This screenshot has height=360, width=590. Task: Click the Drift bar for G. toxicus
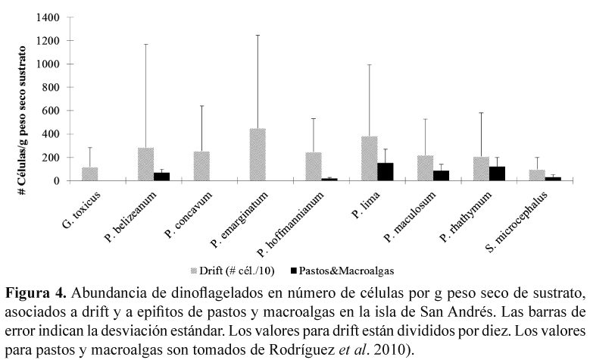[x=90, y=174]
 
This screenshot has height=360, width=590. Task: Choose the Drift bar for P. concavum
[x=201, y=166]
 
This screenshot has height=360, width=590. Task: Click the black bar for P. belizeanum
[x=161, y=177]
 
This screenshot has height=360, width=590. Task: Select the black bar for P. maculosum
[x=440, y=176]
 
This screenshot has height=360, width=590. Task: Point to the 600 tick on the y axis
[x=52, y=111]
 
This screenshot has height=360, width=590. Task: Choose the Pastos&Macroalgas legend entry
[x=336, y=269]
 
